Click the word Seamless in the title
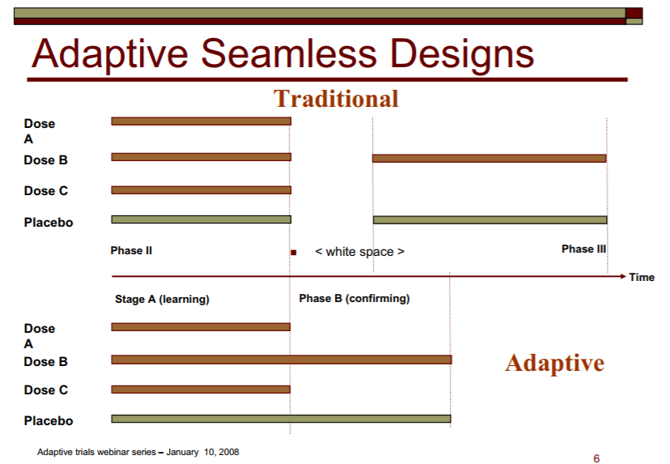289,53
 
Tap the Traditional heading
336,99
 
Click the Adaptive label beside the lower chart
554,364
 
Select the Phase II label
131,250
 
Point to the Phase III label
583,249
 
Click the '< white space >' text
359,252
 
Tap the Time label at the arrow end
642,277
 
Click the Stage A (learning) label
162,300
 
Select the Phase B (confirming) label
354,299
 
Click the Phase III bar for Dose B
490,158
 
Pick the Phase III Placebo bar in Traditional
490,219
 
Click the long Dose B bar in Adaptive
282,360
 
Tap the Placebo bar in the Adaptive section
281,419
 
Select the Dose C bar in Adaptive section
201,390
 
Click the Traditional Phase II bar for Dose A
201,121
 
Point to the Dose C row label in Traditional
46,191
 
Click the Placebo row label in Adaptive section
49,421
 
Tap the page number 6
596,458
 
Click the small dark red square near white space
294,253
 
